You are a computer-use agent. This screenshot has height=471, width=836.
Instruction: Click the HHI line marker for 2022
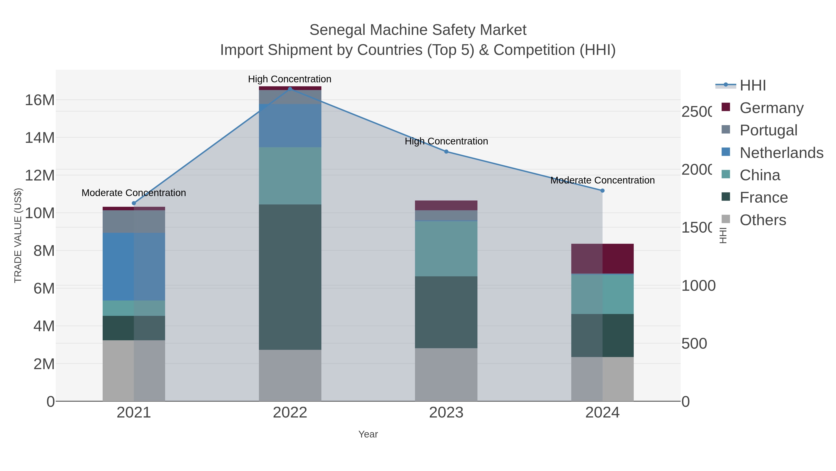pyautogui.click(x=290, y=89)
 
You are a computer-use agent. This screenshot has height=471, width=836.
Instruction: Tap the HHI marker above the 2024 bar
pyautogui.click(x=602, y=190)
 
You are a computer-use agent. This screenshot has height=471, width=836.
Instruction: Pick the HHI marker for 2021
pyautogui.click(x=134, y=203)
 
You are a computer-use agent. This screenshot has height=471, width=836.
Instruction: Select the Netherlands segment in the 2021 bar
pyautogui.click(x=134, y=267)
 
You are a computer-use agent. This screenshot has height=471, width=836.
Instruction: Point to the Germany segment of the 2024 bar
pyautogui.click(x=602, y=258)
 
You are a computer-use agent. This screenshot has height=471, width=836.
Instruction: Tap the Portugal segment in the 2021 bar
pyautogui.click(x=134, y=221)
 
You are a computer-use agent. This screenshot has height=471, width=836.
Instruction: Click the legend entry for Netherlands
pyautogui.click(x=781, y=152)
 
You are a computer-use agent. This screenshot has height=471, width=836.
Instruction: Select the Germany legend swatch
pyautogui.click(x=726, y=107)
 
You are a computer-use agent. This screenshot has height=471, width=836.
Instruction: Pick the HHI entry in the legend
pyautogui.click(x=752, y=85)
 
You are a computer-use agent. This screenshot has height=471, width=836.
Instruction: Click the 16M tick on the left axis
pyautogui.click(x=39, y=100)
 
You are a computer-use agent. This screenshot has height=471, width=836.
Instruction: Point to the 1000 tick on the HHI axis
pyautogui.click(x=698, y=286)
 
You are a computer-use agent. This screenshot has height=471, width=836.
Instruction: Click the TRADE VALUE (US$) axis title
pyautogui.click(x=18, y=235)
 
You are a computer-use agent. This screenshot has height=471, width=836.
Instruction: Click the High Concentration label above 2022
pyautogui.click(x=290, y=79)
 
